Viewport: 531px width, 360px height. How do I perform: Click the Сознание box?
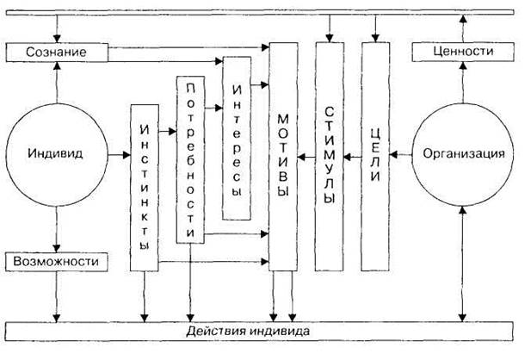tap(57, 53)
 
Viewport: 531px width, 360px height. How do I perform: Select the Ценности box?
tap(463, 52)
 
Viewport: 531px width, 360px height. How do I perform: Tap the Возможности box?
tap(57, 262)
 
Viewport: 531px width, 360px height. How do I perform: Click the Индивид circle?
tap(57, 154)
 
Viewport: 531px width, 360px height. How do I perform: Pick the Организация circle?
tap(463, 154)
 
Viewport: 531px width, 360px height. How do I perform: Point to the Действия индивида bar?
tap(259, 331)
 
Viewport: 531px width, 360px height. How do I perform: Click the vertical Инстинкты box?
tap(145, 188)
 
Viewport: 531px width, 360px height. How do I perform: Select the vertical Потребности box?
tap(191, 159)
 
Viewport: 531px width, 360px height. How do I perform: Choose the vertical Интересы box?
tap(237, 139)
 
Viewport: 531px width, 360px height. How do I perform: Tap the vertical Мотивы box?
tap(283, 157)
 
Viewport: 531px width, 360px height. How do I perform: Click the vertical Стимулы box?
tap(330, 157)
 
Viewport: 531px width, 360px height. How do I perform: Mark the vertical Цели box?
tap(375, 157)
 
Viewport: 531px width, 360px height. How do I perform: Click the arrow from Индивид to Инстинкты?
tap(120, 155)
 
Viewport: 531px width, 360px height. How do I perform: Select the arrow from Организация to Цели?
tap(401, 155)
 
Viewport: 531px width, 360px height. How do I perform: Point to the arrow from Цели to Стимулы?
tap(353, 157)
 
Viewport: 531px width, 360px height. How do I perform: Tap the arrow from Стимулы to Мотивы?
tap(306, 157)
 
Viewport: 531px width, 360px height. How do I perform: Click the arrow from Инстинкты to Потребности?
tap(168, 131)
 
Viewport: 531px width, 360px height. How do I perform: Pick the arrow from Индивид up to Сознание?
tap(57, 83)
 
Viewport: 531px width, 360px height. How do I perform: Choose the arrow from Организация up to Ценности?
tap(463, 83)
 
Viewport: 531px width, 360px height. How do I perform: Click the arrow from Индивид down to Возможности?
tap(57, 229)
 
